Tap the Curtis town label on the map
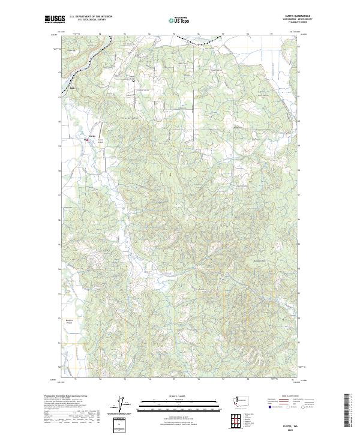(x=92, y=136)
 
